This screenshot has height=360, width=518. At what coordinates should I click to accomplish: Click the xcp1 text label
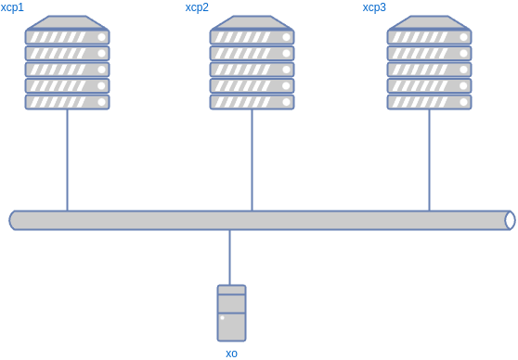click(12, 7)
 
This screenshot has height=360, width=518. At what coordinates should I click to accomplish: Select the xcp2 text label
click(197, 7)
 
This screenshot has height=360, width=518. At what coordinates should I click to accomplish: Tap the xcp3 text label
click(374, 7)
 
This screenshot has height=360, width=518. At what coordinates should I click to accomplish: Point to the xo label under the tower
click(231, 353)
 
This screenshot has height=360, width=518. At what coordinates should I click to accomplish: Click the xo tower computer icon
click(231, 313)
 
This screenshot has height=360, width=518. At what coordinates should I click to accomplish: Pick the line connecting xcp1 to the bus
click(67, 160)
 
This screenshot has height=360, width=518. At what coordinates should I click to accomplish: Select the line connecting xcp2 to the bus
click(252, 160)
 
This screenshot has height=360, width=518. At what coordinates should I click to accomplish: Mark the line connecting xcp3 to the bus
click(429, 160)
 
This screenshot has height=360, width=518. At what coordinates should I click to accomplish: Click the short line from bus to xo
click(229, 257)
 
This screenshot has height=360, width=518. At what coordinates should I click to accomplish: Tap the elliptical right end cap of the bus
click(509, 220)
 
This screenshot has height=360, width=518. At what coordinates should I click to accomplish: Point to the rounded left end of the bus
click(14, 220)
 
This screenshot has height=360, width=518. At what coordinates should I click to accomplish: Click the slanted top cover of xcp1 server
click(67, 22)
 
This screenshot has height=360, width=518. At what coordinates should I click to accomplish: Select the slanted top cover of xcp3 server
click(429, 22)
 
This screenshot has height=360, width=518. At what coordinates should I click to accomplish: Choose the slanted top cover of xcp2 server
click(252, 22)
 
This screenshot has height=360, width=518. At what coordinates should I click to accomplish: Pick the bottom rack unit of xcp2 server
click(252, 102)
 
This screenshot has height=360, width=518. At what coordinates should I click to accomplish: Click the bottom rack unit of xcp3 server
click(429, 102)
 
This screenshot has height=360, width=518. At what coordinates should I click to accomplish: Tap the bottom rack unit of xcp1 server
click(67, 102)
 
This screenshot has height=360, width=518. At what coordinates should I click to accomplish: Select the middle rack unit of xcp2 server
click(252, 70)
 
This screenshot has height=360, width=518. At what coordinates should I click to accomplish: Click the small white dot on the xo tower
click(222, 318)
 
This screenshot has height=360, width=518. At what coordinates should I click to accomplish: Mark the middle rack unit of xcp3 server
click(429, 70)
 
